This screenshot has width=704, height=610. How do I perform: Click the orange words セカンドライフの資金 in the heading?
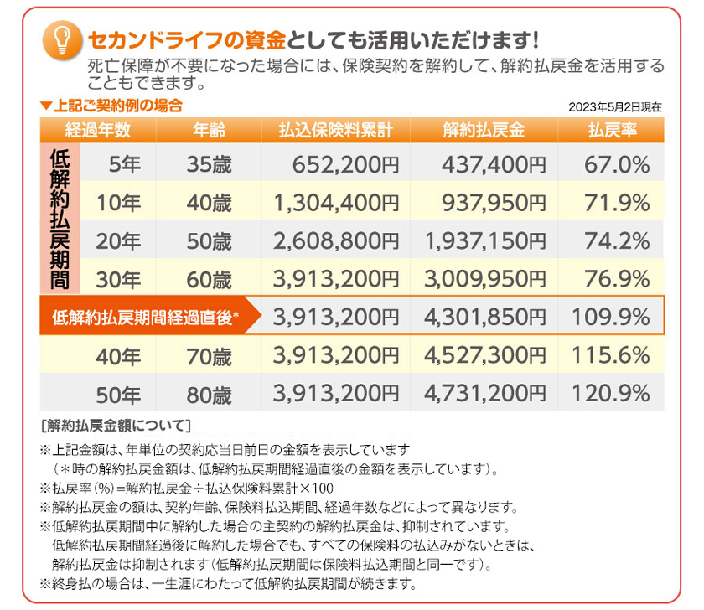[186, 39]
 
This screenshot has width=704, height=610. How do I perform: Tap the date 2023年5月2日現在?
[614, 107]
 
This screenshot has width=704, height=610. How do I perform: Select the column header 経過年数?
[98, 130]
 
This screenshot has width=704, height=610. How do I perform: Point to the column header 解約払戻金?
[484, 130]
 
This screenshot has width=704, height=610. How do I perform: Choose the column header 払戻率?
[609, 130]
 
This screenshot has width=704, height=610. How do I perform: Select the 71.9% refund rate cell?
[611, 202]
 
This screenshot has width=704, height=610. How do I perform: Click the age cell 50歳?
[209, 241]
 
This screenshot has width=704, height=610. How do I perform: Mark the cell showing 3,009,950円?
[484, 279]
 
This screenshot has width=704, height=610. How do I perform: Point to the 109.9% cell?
[611, 317]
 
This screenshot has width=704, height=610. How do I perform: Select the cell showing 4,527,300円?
[484, 355]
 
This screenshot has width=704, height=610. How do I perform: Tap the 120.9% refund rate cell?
[611, 393]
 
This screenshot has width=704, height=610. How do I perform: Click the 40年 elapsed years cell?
[118, 356]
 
